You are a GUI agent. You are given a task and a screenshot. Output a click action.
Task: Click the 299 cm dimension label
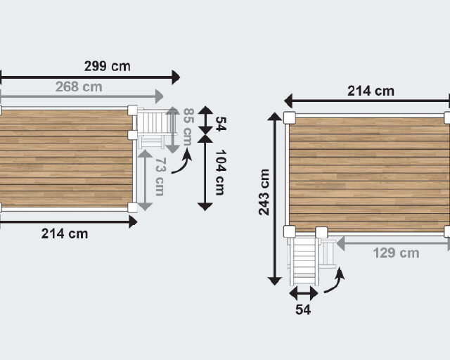tap(107, 66)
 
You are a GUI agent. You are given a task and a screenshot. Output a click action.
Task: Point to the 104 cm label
tap(220, 172)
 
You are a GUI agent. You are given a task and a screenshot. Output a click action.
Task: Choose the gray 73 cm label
tap(160, 176)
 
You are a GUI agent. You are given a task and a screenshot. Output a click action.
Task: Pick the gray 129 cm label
tap(395, 252)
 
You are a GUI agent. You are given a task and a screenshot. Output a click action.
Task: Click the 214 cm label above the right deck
tap(371, 91)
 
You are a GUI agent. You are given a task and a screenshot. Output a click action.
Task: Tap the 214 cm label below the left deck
tap(65, 233)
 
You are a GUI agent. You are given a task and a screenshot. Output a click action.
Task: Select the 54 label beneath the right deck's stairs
tap(303, 309)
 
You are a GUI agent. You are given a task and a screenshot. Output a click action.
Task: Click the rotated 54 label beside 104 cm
tap(220, 124)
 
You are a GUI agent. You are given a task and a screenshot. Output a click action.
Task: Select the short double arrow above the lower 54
tap(303, 292)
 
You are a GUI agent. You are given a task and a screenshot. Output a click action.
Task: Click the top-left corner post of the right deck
tap(290, 117)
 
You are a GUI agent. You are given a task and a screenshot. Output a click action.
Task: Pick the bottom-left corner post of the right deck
tap(289, 231)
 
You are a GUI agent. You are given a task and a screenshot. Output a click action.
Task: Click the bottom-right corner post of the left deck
tap(132, 207)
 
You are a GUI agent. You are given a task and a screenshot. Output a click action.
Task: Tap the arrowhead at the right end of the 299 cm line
tap(176, 76)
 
